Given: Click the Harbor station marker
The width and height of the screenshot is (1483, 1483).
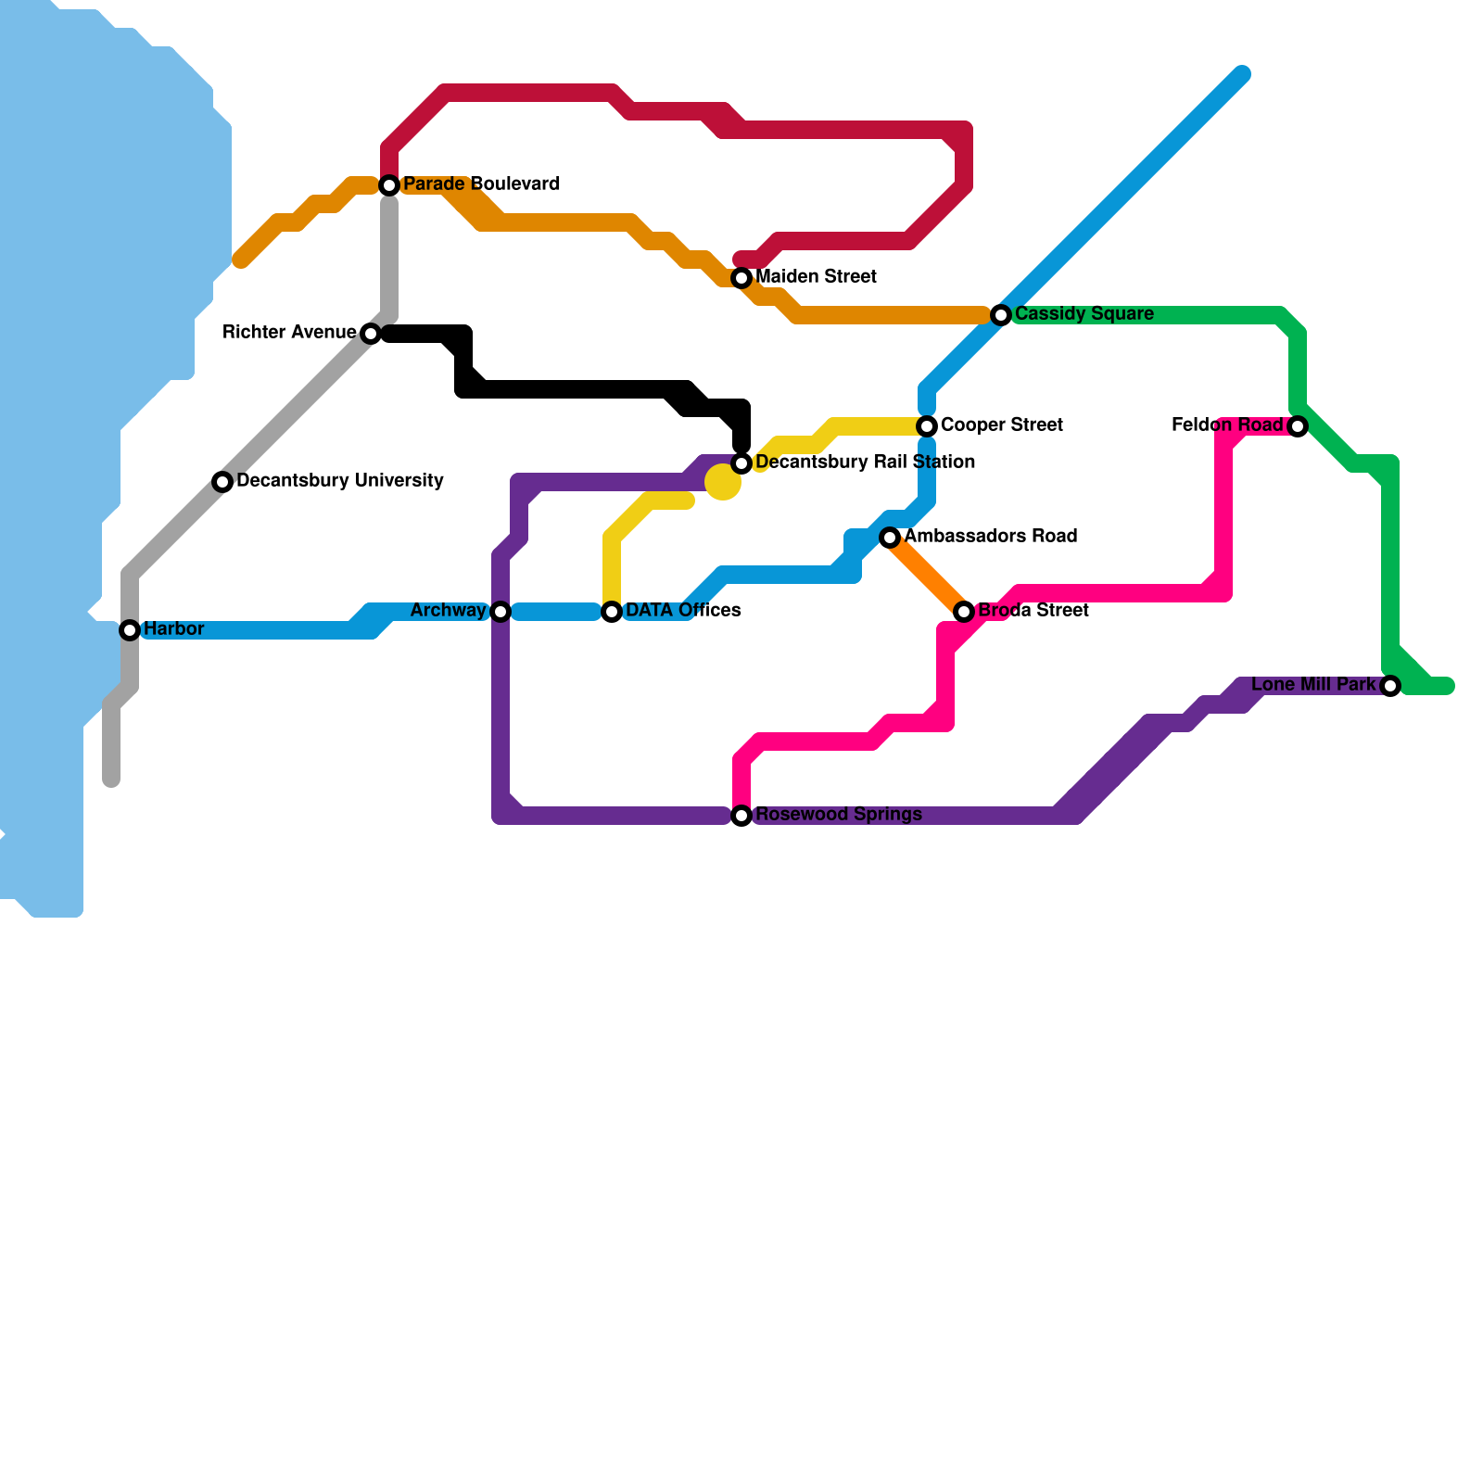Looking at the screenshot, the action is pyautogui.click(x=130, y=630).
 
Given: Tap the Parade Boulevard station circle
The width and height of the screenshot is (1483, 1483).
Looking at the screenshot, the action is pyautogui.click(x=390, y=185).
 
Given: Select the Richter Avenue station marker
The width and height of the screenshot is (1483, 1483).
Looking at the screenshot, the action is pyautogui.click(x=371, y=334).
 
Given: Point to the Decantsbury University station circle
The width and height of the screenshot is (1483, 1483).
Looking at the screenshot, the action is pyautogui.click(x=222, y=482).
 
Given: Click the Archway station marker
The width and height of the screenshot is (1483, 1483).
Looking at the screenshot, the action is pyautogui.click(x=501, y=612).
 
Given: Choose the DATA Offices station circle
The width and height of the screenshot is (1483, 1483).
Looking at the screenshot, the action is pyautogui.click(x=612, y=612).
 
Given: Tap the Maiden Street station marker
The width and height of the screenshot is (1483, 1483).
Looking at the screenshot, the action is pyautogui.click(x=741, y=278).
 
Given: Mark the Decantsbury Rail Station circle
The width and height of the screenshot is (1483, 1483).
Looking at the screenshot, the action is pyautogui.click(x=741, y=463).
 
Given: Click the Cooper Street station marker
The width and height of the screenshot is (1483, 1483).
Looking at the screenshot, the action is pyautogui.click(x=927, y=426).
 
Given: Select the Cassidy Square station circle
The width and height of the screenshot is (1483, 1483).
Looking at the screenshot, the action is pyautogui.click(x=1001, y=315).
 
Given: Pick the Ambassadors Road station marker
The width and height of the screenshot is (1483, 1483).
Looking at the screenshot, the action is pyautogui.click(x=890, y=538).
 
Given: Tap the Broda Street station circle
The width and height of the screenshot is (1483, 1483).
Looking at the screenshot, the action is pyautogui.click(x=964, y=612).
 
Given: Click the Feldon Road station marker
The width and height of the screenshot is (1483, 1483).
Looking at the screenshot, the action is pyautogui.click(x=1298, y=426).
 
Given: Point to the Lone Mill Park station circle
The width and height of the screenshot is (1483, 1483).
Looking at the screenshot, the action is pyautogui.click(x=1390, y=686).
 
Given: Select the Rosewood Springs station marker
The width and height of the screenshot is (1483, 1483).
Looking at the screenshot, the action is pyautogui.click(x=741, y=816).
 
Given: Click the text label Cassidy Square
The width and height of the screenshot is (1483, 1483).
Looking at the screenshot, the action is pyautogui.click(x=1084, y=314).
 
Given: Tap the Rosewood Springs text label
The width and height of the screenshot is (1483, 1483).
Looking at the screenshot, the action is pyautogui.click(x=839, y=815).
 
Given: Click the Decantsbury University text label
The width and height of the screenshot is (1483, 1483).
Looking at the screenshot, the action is pyautogui.click(x=340, y=481).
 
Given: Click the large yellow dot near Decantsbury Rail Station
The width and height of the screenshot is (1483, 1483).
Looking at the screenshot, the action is pyautogui.click(x=722, y=482).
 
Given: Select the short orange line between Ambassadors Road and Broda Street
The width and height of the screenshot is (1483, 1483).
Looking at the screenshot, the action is pyautogui.click(x=927, y=575).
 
